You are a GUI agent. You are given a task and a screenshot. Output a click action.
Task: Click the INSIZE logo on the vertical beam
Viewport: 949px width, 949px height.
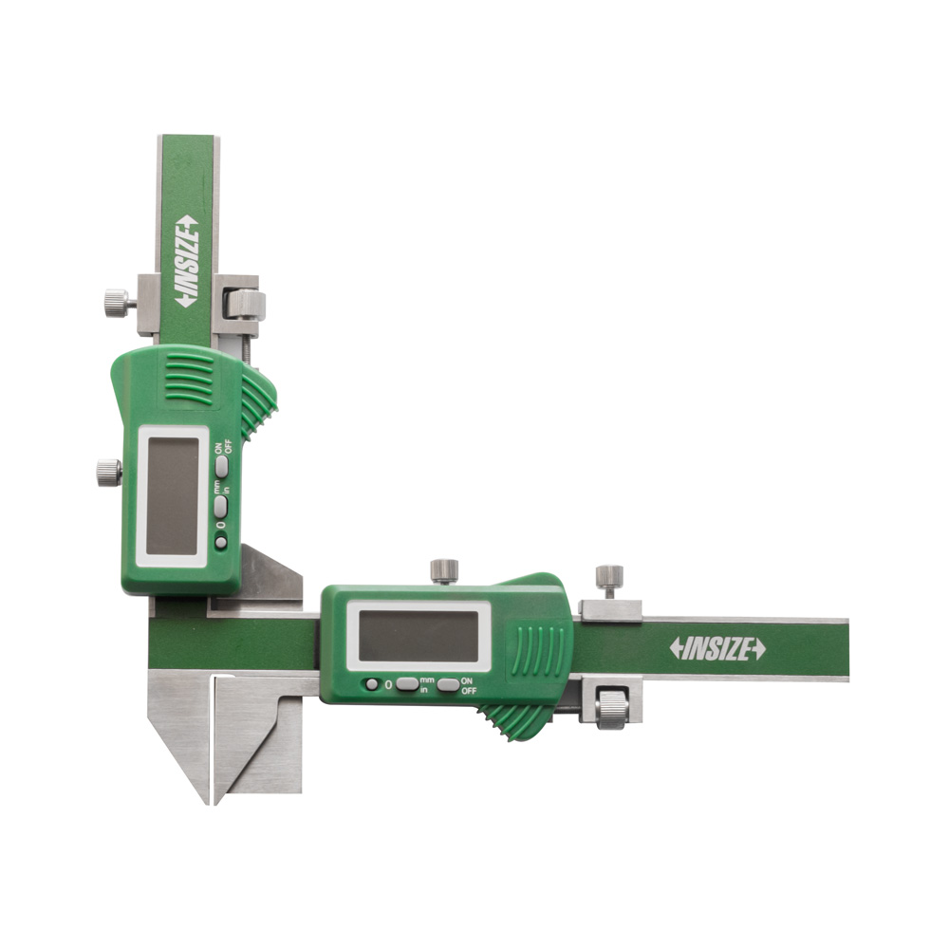[x=188, y=261]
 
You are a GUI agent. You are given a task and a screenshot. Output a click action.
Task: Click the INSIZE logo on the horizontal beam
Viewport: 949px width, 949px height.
[x=717, y=649]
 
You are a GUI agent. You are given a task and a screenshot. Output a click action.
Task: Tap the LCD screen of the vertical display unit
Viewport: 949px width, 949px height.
[x=173, y=496]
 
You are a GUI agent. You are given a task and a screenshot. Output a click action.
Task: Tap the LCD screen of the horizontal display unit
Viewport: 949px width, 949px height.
[x=419, y=636]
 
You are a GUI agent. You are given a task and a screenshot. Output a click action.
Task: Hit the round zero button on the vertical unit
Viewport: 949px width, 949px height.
[x=221, y=542]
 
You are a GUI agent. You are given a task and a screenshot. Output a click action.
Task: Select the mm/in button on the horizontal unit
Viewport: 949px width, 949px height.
[x=407, y=684]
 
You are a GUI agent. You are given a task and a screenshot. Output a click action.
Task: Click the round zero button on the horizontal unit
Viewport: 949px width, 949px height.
[x=371, y=684]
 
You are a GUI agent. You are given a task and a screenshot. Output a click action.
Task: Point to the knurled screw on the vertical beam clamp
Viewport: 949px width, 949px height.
[x=117, y=304]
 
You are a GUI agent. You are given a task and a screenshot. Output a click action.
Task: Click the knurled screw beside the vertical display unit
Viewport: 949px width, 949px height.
[x=109, y=473]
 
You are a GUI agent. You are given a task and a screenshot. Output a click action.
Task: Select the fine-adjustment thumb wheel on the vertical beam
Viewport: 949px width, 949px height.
[x=245, y=305]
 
